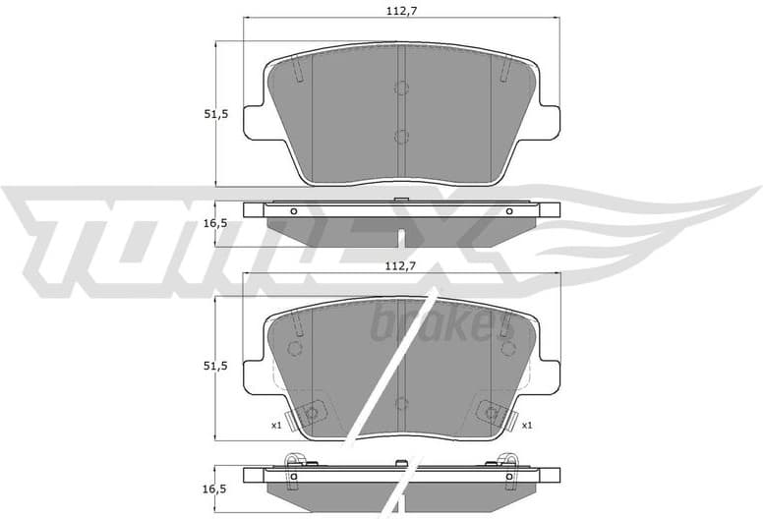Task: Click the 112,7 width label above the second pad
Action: click(x=400, y=265)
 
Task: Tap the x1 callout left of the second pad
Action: click(x=277, y=425)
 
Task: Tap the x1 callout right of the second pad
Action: click(x=527, y=425)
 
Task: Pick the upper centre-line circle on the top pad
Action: click(x=401, y=87)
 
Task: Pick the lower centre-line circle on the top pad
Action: click(x=401, y=137)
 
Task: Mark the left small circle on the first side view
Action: click(x=293, y=210)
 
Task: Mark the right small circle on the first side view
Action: click(x=508, y=210)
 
